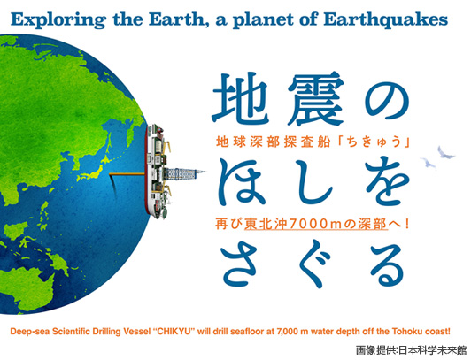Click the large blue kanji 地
(x=241, y=98)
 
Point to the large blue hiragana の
(x=388, y=101)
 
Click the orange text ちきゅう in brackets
(x=374, y=142)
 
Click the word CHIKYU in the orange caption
(x=174, y=332)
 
